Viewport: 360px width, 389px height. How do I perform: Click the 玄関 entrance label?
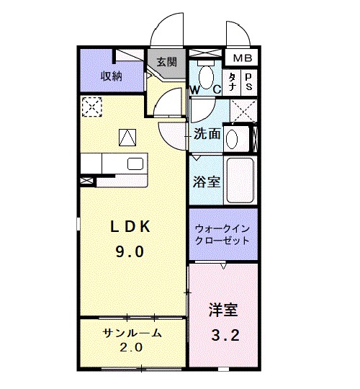coord(167,63)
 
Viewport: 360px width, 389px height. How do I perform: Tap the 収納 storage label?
coord(112,75)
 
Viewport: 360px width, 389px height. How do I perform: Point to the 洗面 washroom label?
coord(207,133)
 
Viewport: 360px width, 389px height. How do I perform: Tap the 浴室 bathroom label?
coord(206,182)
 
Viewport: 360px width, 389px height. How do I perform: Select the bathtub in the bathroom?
coord(240,180)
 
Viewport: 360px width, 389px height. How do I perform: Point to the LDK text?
coord(130,227)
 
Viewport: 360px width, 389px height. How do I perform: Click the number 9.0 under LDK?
coord(130,252)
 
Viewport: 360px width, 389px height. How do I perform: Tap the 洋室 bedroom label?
coord(222,310)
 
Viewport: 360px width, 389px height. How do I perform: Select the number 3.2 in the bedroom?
coord(222,335)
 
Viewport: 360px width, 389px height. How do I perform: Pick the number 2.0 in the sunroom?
coord(132,347)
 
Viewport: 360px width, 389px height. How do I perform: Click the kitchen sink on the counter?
coord(135,164)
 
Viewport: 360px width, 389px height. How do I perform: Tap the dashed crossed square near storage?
coord(91,107)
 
